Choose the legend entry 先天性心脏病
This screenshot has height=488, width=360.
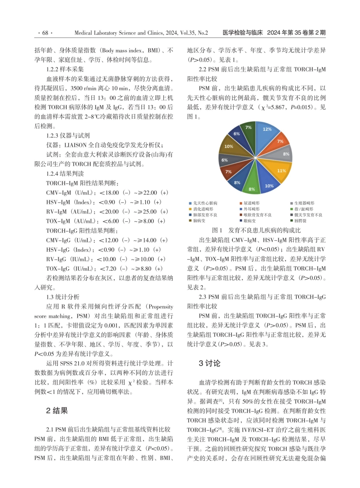tap(205, 203)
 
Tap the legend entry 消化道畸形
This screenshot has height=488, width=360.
tap(203, 209)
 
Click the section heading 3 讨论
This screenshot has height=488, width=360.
tap(209, 363)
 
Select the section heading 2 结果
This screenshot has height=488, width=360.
tap(57, 411)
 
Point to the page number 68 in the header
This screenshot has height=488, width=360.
tap(45, 33)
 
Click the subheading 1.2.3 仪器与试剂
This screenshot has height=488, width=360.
tap(68, 136)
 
